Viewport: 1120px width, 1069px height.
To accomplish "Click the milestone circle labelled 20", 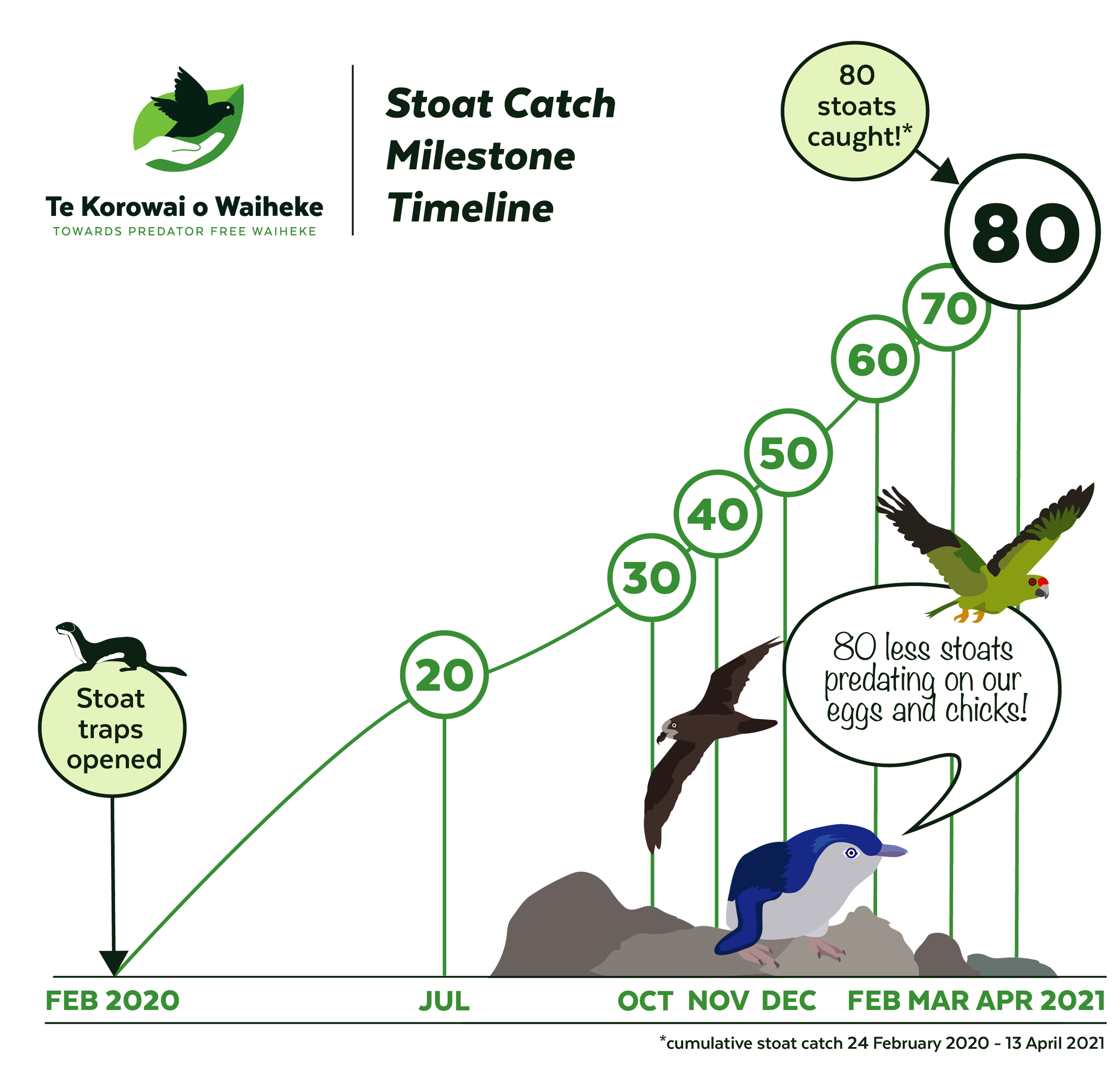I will pos(444,675).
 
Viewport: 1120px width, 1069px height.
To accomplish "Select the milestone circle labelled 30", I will pos(651,577).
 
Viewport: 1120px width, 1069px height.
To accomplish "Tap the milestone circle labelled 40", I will pos(717,513).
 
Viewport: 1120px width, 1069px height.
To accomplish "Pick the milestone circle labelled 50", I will pos(788,453).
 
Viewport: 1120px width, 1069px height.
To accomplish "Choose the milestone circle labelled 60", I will pos(875,359).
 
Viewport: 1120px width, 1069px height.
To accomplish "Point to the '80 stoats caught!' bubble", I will pos(854,111).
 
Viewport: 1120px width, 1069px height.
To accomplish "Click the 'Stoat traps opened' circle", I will pos(112,728).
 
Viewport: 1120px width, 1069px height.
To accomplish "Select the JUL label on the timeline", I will pos(444,1001).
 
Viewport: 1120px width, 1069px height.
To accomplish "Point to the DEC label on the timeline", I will pos(788,1001).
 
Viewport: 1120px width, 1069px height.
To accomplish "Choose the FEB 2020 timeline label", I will pos(112,1001).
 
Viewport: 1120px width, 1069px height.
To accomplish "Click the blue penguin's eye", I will pos(851,853).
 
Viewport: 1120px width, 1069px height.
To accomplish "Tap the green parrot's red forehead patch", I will pos(1042,581).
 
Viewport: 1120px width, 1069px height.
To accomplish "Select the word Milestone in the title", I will pos(480,156).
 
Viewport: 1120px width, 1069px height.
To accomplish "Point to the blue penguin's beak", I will pos(892,851).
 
